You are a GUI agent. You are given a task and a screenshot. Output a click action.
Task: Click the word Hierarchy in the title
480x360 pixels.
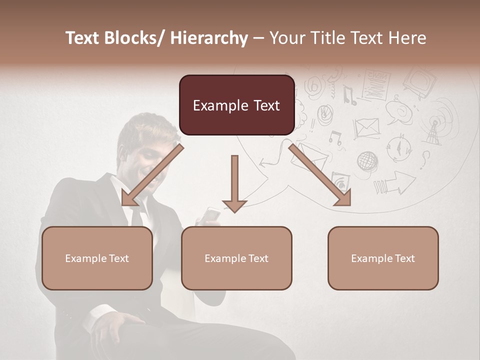click(209, 38)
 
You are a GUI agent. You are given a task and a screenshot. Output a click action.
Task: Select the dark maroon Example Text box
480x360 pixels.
click(236, 105)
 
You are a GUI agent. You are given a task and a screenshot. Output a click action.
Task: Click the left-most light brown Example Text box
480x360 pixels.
click(97, 258)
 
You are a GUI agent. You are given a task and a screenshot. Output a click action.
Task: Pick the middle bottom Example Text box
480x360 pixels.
click(236, 258)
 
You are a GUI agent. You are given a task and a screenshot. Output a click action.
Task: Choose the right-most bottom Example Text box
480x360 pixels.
click(383, 258)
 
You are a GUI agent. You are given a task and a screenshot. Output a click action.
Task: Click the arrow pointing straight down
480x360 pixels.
click(234, 185)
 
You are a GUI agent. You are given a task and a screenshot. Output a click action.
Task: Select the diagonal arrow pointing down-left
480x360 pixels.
click(150, 176)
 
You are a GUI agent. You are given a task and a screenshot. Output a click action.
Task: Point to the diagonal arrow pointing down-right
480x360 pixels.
click(320, 175)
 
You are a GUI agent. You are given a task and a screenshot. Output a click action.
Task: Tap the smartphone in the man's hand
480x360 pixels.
click(212, 214)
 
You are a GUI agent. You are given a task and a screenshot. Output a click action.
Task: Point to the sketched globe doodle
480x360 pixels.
click(367, 161)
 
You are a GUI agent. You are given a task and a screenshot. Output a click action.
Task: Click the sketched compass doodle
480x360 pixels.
click(399, 147)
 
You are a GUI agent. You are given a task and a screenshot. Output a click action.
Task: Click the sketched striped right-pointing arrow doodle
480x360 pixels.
click(395, 183)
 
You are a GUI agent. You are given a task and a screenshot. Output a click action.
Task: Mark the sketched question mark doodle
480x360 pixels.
click(425, 159)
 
